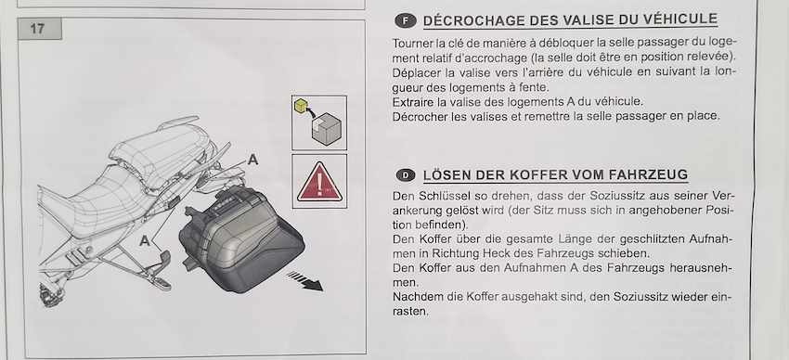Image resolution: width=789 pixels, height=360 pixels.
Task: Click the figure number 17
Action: (x=37, y=29)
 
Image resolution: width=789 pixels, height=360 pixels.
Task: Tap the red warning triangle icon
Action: (x=319, y=182)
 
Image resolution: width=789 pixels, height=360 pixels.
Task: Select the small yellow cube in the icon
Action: (x=301, y=105)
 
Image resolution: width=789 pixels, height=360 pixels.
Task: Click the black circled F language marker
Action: (x=406, y=21)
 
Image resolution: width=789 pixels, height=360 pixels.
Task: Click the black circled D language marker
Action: (x=406, y=175)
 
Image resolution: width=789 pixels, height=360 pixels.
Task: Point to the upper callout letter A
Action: (x=253, y=160)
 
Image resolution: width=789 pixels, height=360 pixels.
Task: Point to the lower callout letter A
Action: (x=145, y=241)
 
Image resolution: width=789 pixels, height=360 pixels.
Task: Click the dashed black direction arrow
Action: (x=305, y=280)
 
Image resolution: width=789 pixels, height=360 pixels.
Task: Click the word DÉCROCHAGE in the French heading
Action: (x=470, y=21)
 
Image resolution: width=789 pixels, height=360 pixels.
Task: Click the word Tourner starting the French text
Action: (x=408, y=44)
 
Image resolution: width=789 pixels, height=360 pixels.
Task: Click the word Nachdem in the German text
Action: (x=413, y=297)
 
